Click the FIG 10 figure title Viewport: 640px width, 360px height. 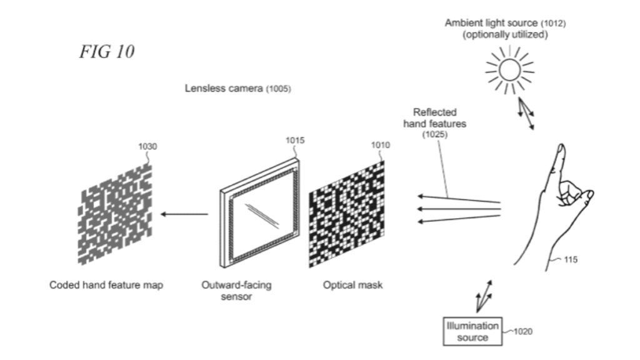107,52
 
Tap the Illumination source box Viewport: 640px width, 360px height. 472,332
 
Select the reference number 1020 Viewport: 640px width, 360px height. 522,332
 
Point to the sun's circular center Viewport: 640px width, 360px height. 509,71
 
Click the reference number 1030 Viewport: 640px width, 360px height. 148,147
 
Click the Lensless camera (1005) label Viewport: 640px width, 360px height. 237,89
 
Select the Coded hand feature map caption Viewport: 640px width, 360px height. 106,286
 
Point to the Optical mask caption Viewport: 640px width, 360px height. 353,286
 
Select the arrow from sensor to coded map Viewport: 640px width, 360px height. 184,214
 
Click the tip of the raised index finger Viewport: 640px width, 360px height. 561,149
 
